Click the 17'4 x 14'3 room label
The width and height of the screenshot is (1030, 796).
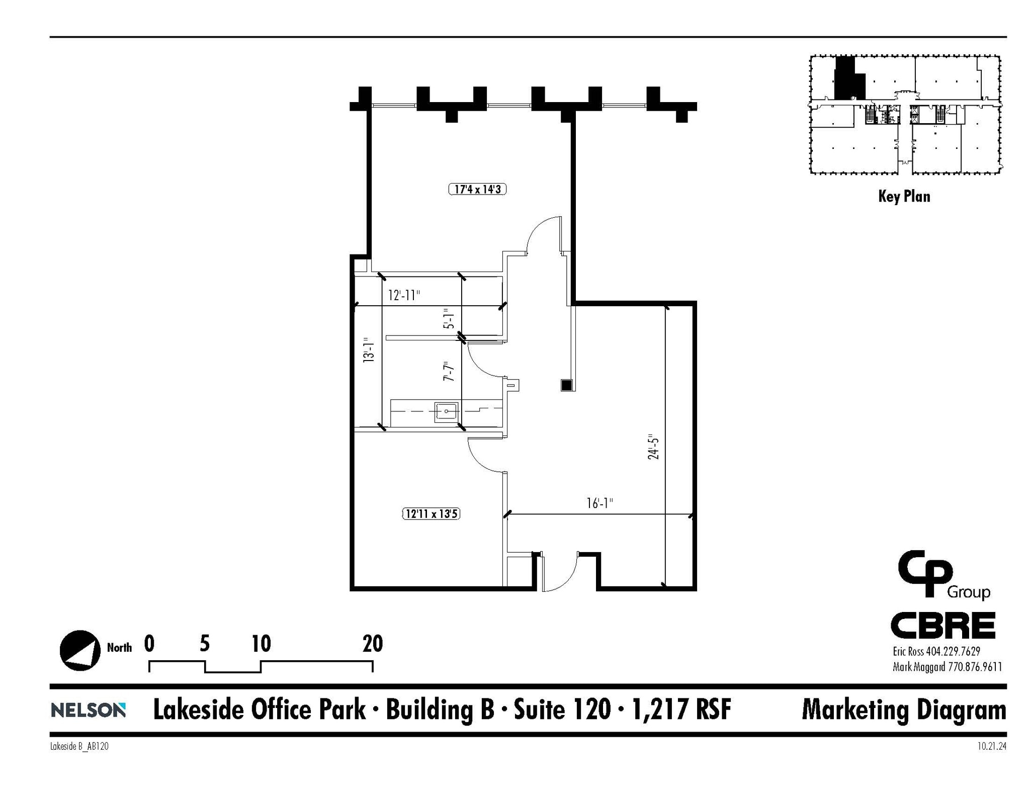(x=477, y=190)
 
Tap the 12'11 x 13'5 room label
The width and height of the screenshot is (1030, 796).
(x=431, y=514)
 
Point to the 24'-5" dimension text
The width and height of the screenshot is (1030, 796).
(x=653, y=447)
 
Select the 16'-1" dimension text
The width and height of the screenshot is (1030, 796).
(x=599, y=503)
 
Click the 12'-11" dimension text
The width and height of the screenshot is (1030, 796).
(x=404, y=295)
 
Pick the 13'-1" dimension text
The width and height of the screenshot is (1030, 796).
(x=369, y=350)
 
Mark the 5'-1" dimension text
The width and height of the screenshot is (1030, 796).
(x=449, y=318)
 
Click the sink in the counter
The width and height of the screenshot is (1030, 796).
(x=447, y=412)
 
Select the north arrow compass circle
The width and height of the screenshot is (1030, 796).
(x=80, y=650)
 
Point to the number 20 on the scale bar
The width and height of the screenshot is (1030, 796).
(x=373, y=644)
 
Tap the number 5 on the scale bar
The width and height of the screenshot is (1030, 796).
(x=204, y=644)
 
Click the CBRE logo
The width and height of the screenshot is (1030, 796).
(x=943, y=626)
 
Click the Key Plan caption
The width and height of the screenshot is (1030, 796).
(x=904, y=196)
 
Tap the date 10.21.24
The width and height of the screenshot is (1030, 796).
(x=992, y=747)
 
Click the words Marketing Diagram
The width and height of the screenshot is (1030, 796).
(x=904, y=711)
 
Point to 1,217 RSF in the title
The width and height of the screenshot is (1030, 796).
(x=681, y=710)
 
